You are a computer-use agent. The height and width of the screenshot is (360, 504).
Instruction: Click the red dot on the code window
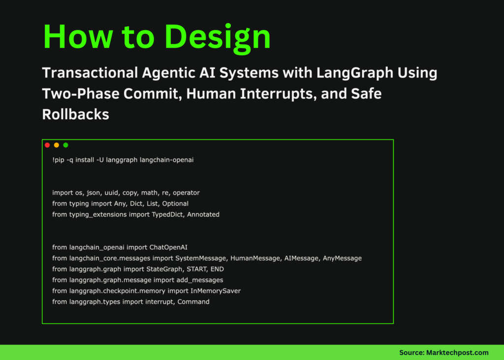[x=47, y=145]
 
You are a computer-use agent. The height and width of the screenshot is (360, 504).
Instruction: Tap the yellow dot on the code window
[x=57, y=145]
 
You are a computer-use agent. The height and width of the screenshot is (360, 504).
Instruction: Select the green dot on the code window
[x=66, y=145]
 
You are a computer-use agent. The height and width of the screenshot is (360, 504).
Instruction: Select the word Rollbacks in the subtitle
[x=75, y=114]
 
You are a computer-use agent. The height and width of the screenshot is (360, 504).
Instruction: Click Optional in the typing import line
[x=175, y=203]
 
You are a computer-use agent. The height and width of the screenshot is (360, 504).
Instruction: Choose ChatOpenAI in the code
[x=168, y=247]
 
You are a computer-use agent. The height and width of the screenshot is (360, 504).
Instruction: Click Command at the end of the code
[x=193, y=301]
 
